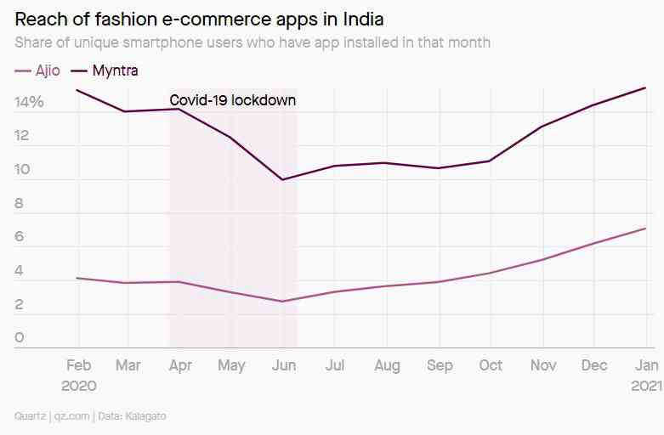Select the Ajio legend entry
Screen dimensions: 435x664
point(38,71)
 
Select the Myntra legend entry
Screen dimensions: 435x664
point(106,71)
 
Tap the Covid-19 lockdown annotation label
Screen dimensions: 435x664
point(233,100)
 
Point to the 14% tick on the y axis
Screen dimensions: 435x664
point(29,102)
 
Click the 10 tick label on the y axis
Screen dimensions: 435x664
point(22,170)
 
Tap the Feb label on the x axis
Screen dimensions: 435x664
point(78,365)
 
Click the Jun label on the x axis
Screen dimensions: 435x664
point(283,365)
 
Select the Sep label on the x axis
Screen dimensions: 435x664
point(439,365)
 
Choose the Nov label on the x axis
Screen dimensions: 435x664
point(542,365)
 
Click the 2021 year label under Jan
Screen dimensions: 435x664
point(645,385)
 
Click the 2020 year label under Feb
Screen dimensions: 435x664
point(78,385)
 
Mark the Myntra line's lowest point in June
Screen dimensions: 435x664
point(281,179)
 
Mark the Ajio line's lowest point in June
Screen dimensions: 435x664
point(281,301)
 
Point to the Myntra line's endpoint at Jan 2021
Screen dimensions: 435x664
point(645,88)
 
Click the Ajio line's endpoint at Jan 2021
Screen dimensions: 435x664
point(645,228)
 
